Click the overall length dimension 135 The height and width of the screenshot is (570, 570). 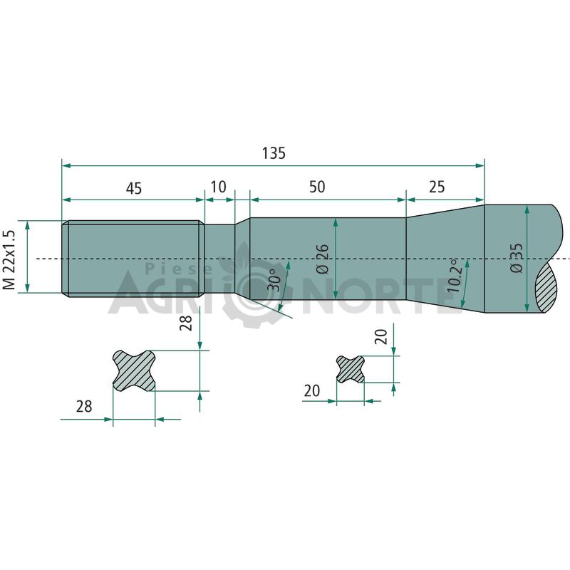tap(274, 153)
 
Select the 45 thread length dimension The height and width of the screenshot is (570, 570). tap(134, 188)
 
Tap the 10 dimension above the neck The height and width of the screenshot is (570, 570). tap(219, 187)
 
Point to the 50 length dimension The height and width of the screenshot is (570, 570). tap(317, 187)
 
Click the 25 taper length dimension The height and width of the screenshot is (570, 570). tap(437, 187)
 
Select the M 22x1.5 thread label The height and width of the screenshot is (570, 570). tap(10, 259)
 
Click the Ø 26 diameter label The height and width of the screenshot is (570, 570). tap(323, 259)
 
